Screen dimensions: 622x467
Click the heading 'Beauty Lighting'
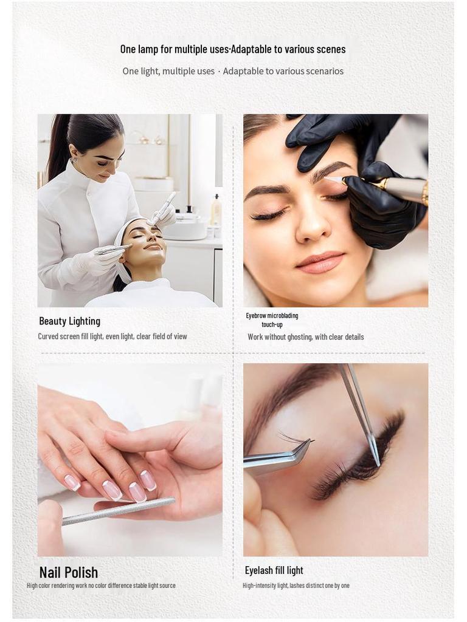(69, 321)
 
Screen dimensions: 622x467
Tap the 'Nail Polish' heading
(68, 572)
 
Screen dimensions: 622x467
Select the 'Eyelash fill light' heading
(274, 570)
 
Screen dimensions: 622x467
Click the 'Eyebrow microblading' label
(272, 316)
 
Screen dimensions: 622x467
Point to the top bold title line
(233, 49)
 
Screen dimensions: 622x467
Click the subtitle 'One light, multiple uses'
(168, 71)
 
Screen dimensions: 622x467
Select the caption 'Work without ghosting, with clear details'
(305, 337)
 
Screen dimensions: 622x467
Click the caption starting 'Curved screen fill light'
(112, 337)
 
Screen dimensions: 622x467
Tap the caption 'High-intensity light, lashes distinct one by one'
(296, 586)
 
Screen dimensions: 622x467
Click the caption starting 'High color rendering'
(101, 586)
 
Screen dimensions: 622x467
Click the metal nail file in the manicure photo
(119, 511)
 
